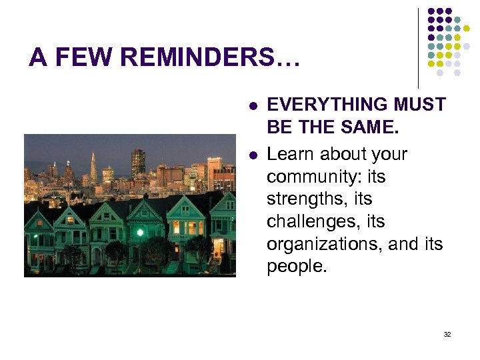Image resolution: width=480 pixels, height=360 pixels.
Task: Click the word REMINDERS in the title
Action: [x=211, y=57]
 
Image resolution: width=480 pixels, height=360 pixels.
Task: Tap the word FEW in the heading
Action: [x=85, y=57]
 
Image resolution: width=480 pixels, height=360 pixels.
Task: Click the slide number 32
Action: [x=447, y=334]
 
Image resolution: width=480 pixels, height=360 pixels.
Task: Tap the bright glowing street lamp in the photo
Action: [x=140, y=233]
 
